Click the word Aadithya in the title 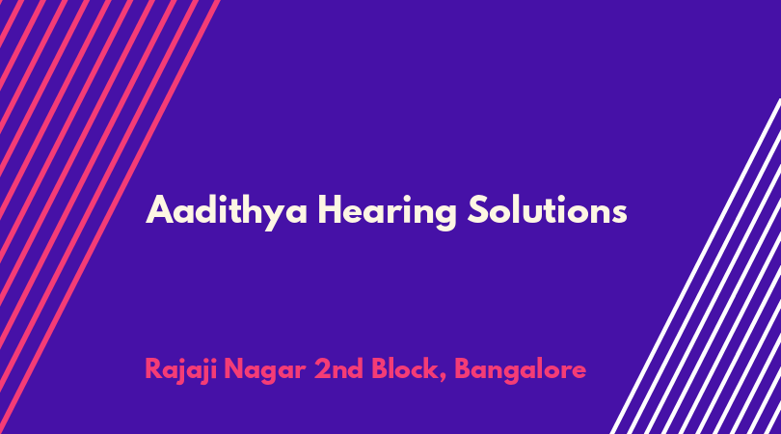pyautogui.click(x=227, y=211)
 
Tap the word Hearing pyautogui.click(x=387, y=211)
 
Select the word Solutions pyautogui.click(x=547, y=209)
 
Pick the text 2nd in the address pyautogui.click(x=338, y=368)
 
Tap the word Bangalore pyautogui.click(x=520, y=370)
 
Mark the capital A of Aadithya pyautogui.click(x=159, y=210)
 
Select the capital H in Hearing pyautogui.click(x=330, y=210)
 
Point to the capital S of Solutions pyautogui.click(x=478, y=209)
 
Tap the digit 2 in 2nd pyautogui.click(x=322, y=369)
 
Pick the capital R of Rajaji pyautogui.click(x=154, y=369)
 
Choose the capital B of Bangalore pyautogui.click(x=464, y=369)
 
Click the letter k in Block pyautogui.click(x=430, y=368)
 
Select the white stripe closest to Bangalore pyautogui.click(x=695, y=266)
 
